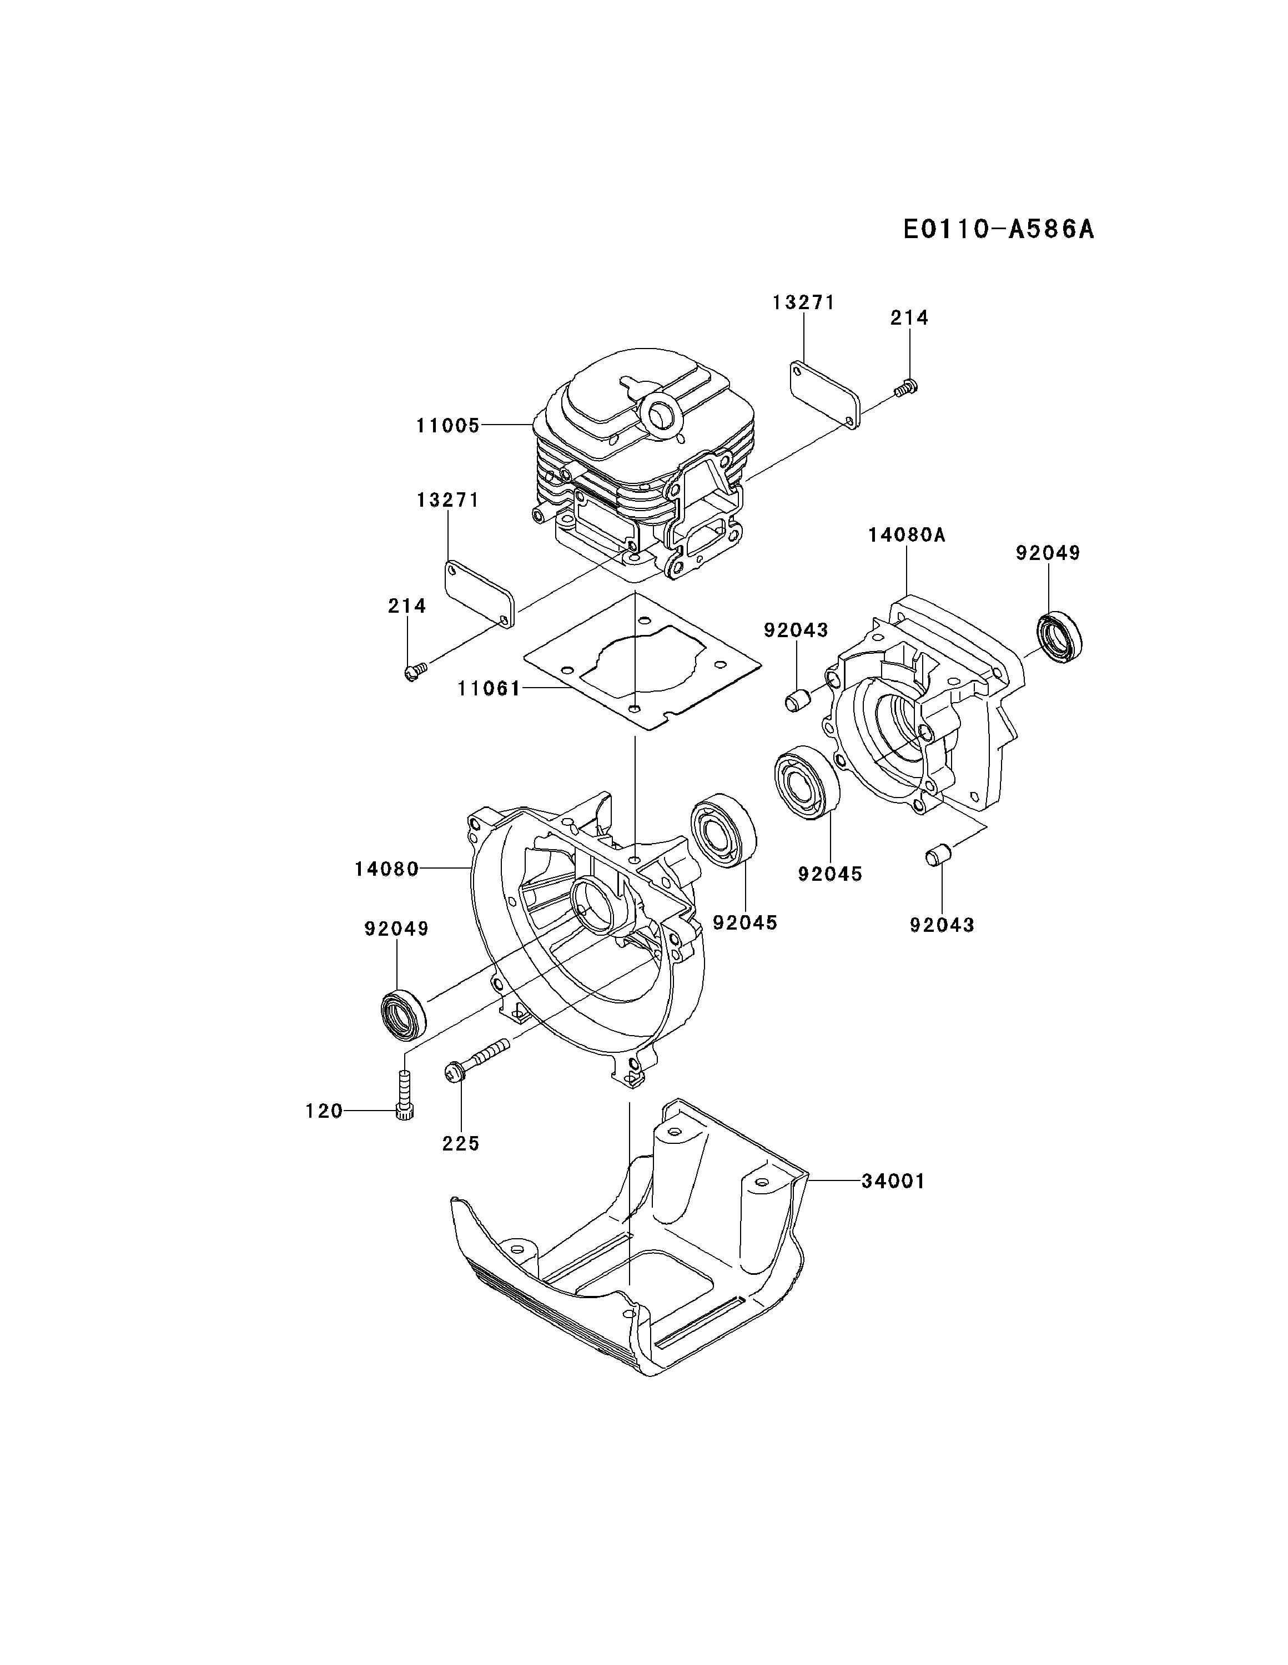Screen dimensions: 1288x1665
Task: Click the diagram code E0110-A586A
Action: coord(998,229)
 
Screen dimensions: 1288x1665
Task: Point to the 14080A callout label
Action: coord(906,535)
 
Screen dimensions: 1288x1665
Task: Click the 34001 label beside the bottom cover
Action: coord(893,1182)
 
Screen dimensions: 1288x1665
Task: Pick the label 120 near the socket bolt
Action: coord(324,1112)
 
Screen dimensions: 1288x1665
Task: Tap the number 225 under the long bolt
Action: coord(461,1143)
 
